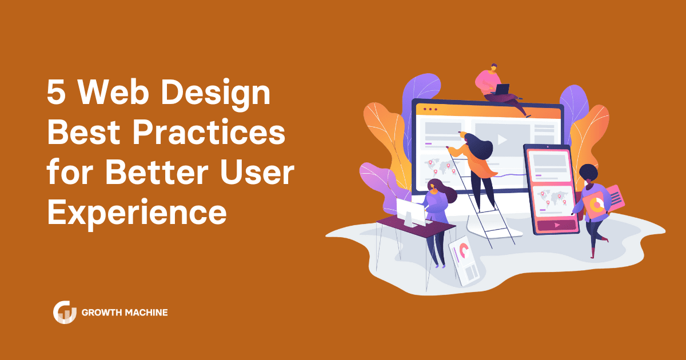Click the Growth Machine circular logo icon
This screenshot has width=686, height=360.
65,312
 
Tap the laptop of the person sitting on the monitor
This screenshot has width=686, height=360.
502,89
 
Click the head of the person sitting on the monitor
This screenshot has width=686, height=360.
493,67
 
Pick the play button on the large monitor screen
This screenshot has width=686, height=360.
502,139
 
